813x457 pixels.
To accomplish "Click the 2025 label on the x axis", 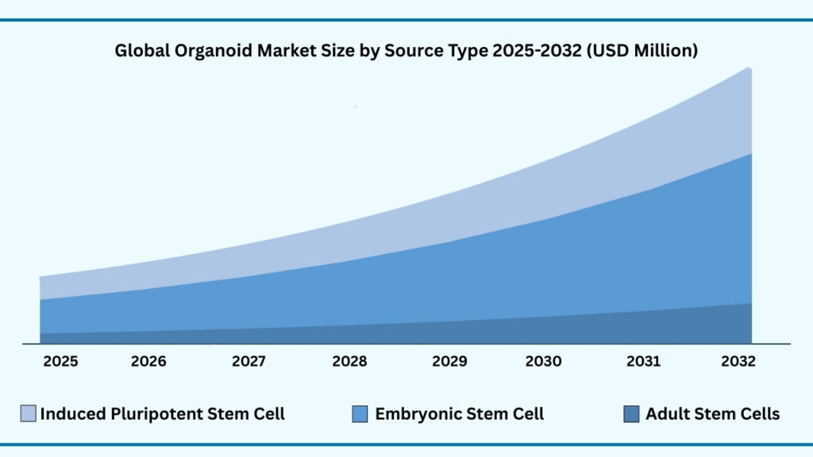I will (60, 362).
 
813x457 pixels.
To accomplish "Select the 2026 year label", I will (148, 362).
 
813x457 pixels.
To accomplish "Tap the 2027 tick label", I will (249, 362).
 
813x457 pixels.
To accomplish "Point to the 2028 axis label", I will (349, 362).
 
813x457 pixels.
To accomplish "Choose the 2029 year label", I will (449, 362).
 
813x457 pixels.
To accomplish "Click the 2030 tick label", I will (543, 362).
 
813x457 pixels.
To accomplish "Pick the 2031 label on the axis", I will (643, 362).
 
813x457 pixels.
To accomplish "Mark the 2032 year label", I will (738, 362).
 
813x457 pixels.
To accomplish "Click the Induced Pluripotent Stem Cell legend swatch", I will (28, 413).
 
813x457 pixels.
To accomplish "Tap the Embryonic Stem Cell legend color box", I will (359, 413).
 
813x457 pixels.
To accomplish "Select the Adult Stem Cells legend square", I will (631, 413).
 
